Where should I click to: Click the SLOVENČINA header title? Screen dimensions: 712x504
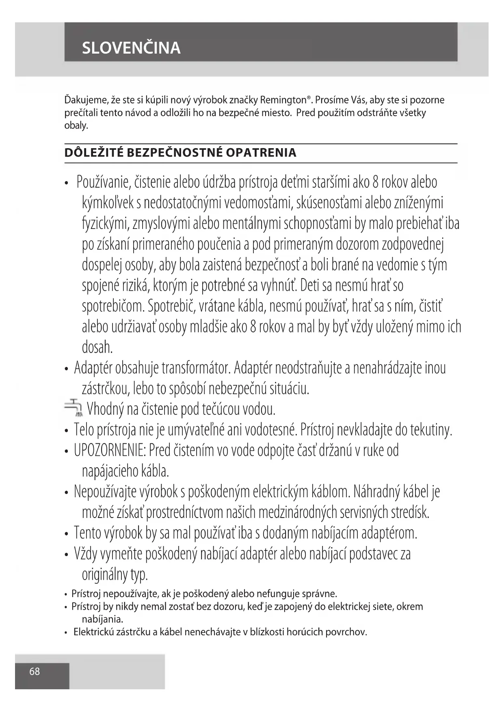(131, 48)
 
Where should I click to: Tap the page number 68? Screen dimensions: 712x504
(35, 671)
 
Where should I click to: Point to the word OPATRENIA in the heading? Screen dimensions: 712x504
(261, 153)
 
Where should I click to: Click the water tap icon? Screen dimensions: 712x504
(74, 408)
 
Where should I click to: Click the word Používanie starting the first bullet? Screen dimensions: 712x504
(103, 183)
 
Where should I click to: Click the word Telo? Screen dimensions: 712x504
(84, 429)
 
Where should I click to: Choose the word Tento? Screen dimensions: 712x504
(87, 533)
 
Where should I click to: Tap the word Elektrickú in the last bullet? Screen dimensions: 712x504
(94, 632)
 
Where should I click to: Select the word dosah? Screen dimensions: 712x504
(97, 347)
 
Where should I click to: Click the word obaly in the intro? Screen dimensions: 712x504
(76, 125)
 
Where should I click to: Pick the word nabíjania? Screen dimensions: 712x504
(102, 619)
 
